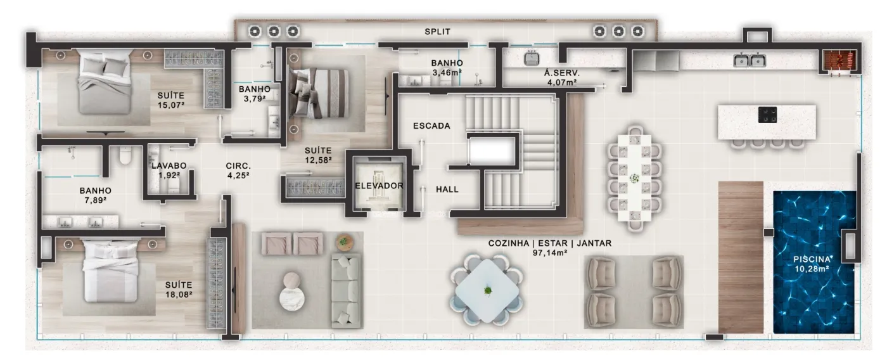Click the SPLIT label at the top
pyautogui.click(x=437, y=31)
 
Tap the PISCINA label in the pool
pyautogui.click(x=812, y=259)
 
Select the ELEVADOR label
pyautogui.click(x=379, y=186)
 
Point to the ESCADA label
pyautogui.click(x=431, y=126)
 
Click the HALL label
pyautogui.click(x=447, y=190)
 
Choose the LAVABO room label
pyautogui.click(x=169, y=165)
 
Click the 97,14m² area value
pyautogui.click(x=550, y=253)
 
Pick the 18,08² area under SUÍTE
pyautogui.click(x=179, y=294)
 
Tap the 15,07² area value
pyautogui.click(x=170, y=105)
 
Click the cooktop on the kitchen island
pyautogui.click(x=767, y=115)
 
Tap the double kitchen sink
pyautogui.click(x=749, y=60)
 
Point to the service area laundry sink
pyautogui.click(x=532, y=59)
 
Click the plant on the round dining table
pyautogui.click(x=488, y=291)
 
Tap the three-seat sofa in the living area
pyautogui.click(x=346, y=291)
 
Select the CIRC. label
pyautogui.click(x=238, y=166)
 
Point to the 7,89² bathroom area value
pyautogui.click(x=95, y=200)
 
